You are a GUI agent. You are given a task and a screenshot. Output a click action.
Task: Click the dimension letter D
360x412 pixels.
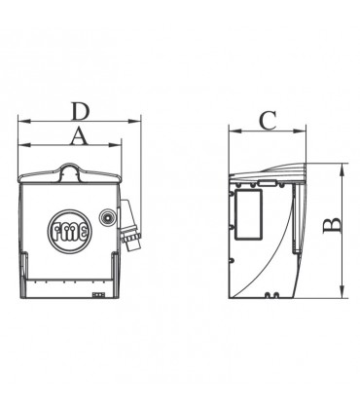coord(80,111)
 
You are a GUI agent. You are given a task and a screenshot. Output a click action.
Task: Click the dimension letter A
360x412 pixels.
coord(80,136)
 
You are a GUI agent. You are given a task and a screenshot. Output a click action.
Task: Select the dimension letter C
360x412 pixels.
coord(268,121)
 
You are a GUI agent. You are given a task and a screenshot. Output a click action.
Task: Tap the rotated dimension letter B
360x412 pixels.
coord(332,226)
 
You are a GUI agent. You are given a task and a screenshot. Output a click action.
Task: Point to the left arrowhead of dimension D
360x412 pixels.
coord(24,122)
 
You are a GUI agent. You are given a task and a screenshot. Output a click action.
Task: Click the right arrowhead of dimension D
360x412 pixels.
coord(134,122)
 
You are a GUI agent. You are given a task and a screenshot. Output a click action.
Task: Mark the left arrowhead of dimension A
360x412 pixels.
coord(24,145)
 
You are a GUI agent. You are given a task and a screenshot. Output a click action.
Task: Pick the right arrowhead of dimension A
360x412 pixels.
coord(115,145)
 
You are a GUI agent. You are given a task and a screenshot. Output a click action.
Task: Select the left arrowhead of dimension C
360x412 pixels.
coord(235,131)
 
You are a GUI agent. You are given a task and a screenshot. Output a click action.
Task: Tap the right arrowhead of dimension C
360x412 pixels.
coord(300,131)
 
